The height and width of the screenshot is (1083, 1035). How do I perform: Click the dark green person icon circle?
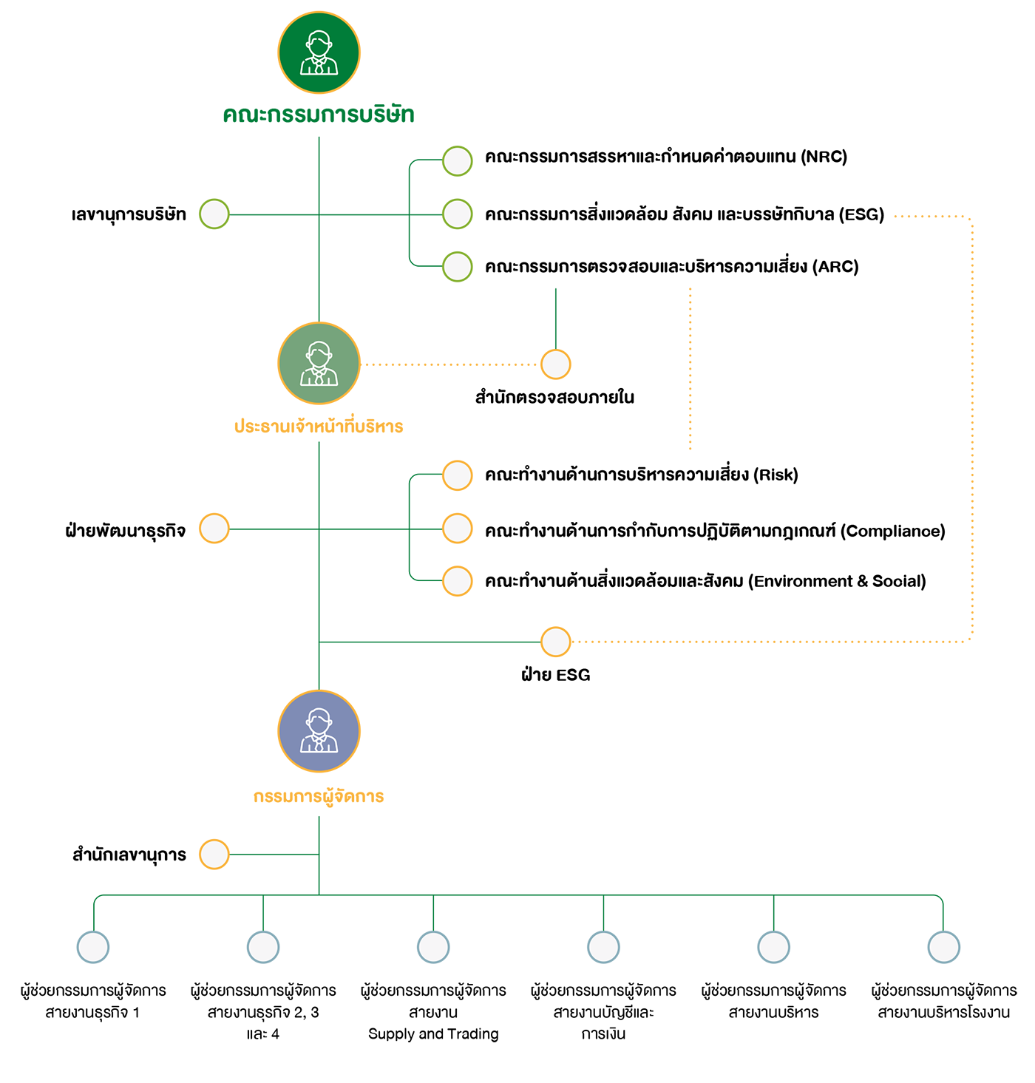coord(319,53)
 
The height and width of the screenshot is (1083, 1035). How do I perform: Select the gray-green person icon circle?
coord(319,363)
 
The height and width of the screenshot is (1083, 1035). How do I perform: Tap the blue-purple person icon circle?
coord(319,731)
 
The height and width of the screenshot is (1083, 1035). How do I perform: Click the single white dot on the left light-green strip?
coord(214,214)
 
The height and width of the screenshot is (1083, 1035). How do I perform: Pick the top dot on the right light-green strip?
coord(458,161)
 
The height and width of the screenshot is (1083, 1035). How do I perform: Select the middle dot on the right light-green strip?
coord(458,214)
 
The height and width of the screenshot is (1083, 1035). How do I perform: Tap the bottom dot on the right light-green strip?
coord(458,266)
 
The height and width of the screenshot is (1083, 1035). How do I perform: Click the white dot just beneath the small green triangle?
coord(556,364)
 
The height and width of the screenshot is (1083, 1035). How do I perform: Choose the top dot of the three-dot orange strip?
coord(458,475)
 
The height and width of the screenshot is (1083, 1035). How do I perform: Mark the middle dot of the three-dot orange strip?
coord(458,528)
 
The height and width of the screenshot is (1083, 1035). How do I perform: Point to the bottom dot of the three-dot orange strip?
coord(458,580)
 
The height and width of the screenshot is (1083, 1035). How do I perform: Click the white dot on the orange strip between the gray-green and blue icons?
coord(214,528)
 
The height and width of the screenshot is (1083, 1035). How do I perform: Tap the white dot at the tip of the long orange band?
coord(556,641)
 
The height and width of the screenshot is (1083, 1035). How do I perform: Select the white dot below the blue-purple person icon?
coord(214,855)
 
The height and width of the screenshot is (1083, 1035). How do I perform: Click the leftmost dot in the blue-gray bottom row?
coord(93,947)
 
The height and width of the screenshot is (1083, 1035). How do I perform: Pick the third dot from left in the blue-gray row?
coord(433,947)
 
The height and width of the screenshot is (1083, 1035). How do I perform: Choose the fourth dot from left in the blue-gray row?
coord(603,947)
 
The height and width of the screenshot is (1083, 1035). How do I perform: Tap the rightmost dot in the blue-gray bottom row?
coord(944,947)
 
